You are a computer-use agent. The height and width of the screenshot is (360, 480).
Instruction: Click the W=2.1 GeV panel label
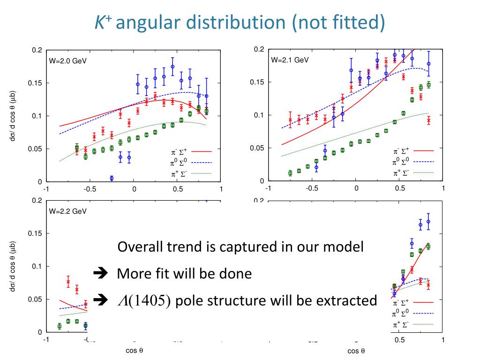pyautogui.click(x=290, y=60)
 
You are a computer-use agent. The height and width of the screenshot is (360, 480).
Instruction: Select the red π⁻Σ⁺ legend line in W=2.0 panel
pyautogui.click(x=201, y=151)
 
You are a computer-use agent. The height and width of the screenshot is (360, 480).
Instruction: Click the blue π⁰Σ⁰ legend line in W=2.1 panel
pyautogui.click(x=423, y=162)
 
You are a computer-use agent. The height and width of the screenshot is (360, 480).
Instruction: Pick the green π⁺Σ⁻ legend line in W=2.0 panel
pyautogui.click(x=201, y=173)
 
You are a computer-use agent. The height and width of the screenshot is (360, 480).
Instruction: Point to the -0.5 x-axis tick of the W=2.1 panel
pyautogui.click(x=312, y=188)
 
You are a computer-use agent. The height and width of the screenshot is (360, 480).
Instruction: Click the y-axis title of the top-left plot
pyautogui.click(x=14, y=116)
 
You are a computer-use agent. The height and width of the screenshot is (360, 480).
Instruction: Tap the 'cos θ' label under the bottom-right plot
pyautogui.click(x=356, y=351)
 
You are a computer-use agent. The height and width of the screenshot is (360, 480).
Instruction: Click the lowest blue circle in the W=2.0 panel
pyautogui.click(x=112, y=178)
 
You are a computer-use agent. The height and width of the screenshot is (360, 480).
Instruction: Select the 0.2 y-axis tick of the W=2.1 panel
pyautogui.click(x=259, y=50)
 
